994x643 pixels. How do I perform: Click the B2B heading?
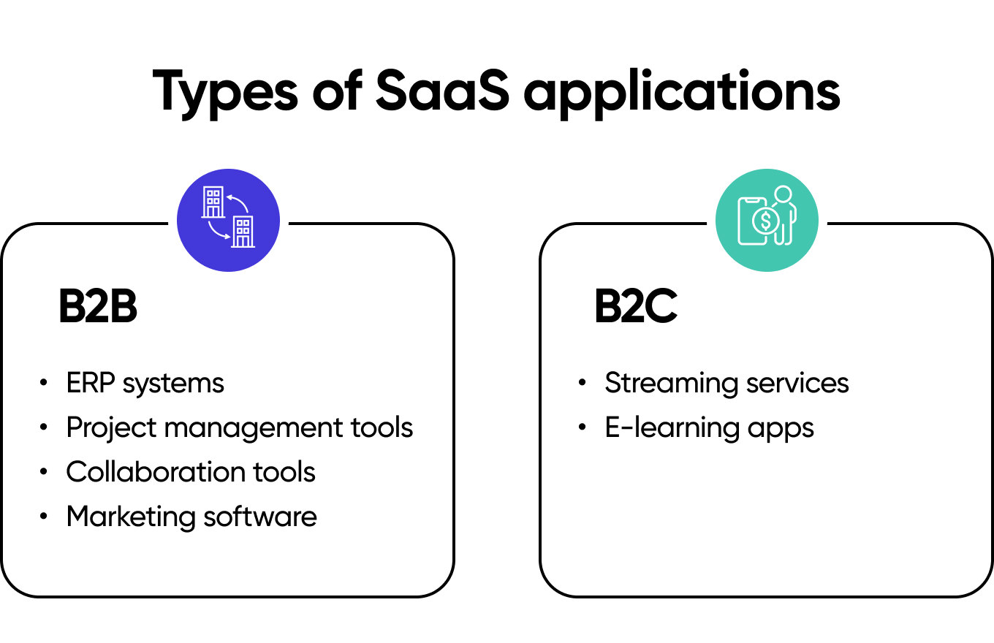point(98,308)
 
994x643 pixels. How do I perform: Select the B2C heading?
point(636,308)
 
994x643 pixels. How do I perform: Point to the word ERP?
point(91,383)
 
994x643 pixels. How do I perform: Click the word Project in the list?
point(110,427)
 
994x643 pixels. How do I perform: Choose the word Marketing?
point(131,517)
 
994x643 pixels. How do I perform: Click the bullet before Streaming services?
point(583,383)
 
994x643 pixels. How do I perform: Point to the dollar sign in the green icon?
point(765,219)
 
